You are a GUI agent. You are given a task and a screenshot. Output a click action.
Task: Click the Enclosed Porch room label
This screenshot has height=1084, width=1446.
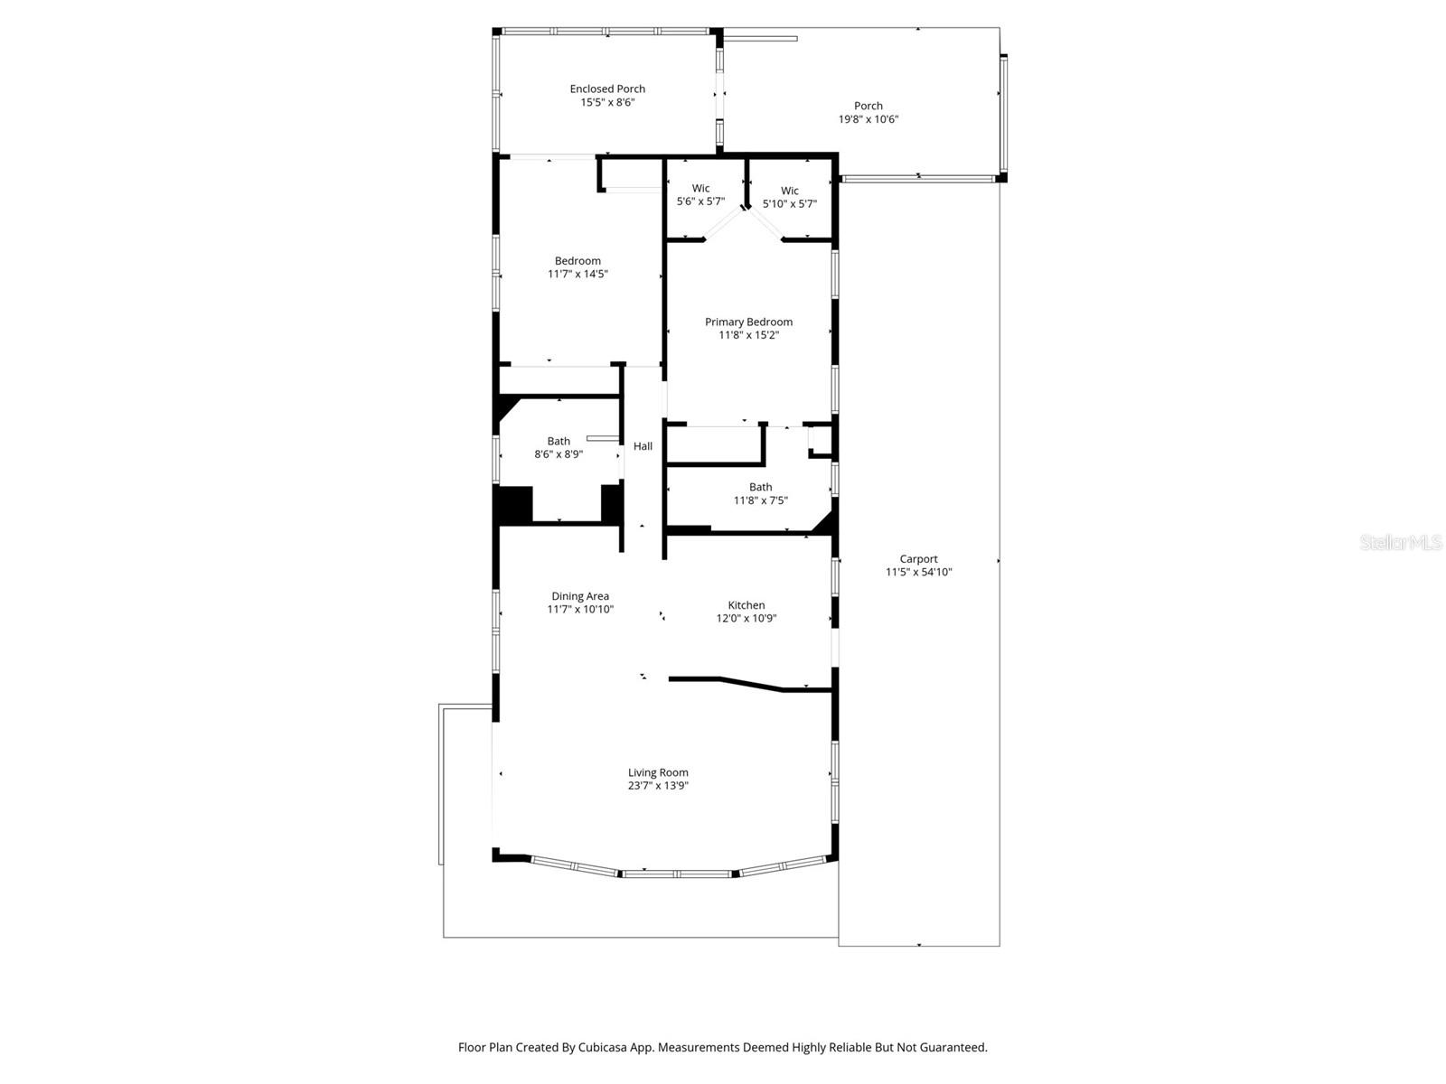point(607,89)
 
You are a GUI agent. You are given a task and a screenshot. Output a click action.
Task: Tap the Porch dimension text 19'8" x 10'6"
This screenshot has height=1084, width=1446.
point(868,119)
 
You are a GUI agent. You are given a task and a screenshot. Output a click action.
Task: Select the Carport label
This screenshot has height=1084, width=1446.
point(918,559)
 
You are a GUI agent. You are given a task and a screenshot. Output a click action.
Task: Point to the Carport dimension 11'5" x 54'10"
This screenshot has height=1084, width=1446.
point(918,572)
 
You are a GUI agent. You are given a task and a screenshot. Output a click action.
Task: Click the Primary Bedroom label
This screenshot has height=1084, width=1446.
point(748,322)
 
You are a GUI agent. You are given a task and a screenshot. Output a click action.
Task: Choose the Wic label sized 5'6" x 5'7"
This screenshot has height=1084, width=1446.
point(700,189)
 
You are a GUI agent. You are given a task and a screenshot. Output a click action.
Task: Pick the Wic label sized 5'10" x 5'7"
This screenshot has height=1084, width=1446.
point(789,191)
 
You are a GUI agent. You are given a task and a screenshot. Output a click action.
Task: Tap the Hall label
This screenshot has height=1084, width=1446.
point(643,446)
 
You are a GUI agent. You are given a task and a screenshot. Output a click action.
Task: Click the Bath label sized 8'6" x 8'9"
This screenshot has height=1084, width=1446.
point(559,442)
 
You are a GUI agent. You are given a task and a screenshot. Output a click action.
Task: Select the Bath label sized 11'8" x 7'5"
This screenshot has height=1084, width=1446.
point(760,487)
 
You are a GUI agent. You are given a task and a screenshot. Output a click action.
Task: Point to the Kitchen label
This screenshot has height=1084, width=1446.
point(746,605)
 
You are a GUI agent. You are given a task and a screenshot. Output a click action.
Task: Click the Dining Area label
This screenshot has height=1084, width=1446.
point(580,596)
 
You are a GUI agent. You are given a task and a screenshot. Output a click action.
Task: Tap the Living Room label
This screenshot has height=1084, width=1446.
point(658,772)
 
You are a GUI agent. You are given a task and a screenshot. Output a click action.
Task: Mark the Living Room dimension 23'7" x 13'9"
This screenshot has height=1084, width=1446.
point(658,786)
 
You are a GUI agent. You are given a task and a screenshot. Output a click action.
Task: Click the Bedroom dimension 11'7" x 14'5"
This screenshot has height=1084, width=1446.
point(577,274)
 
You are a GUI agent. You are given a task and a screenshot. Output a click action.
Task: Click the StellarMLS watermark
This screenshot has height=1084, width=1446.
point(1400,542)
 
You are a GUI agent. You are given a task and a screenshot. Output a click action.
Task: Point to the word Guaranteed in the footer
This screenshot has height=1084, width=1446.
point(955,1048)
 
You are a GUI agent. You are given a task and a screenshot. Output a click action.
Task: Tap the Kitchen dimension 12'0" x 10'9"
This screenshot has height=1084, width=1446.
point(746,619)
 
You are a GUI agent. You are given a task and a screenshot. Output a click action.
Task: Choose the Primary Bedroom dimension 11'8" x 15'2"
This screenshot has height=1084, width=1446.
point(748,335)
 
